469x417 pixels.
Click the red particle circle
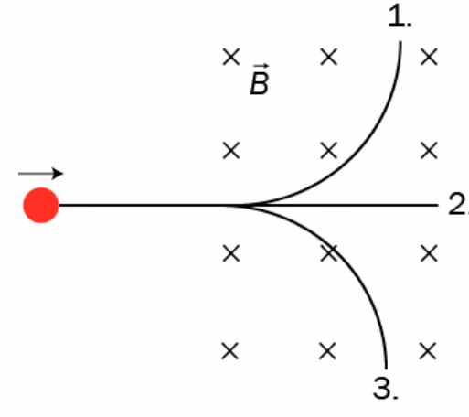point(41,205)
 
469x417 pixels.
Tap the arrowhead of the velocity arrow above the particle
point(58,174)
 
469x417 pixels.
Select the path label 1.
point(400,16)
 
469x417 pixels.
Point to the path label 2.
point(458,205)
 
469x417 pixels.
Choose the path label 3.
point(386,388)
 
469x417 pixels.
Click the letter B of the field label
point(260,83)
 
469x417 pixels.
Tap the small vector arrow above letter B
point(261,66)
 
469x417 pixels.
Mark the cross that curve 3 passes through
point(329,253)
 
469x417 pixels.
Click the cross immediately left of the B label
point(231,57)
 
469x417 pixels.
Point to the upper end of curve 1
point(400,41)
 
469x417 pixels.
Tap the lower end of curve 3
point(387,369)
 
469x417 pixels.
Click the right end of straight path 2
point(438,206)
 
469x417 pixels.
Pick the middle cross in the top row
point(329,57)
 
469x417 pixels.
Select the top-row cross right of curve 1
point(429,57)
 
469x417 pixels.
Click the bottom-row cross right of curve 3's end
point(428,351)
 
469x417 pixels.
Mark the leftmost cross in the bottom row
point(230,351)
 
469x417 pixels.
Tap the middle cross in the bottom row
point(327,351)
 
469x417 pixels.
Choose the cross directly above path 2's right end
point(429,151)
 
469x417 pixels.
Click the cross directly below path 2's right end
point(429,253)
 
